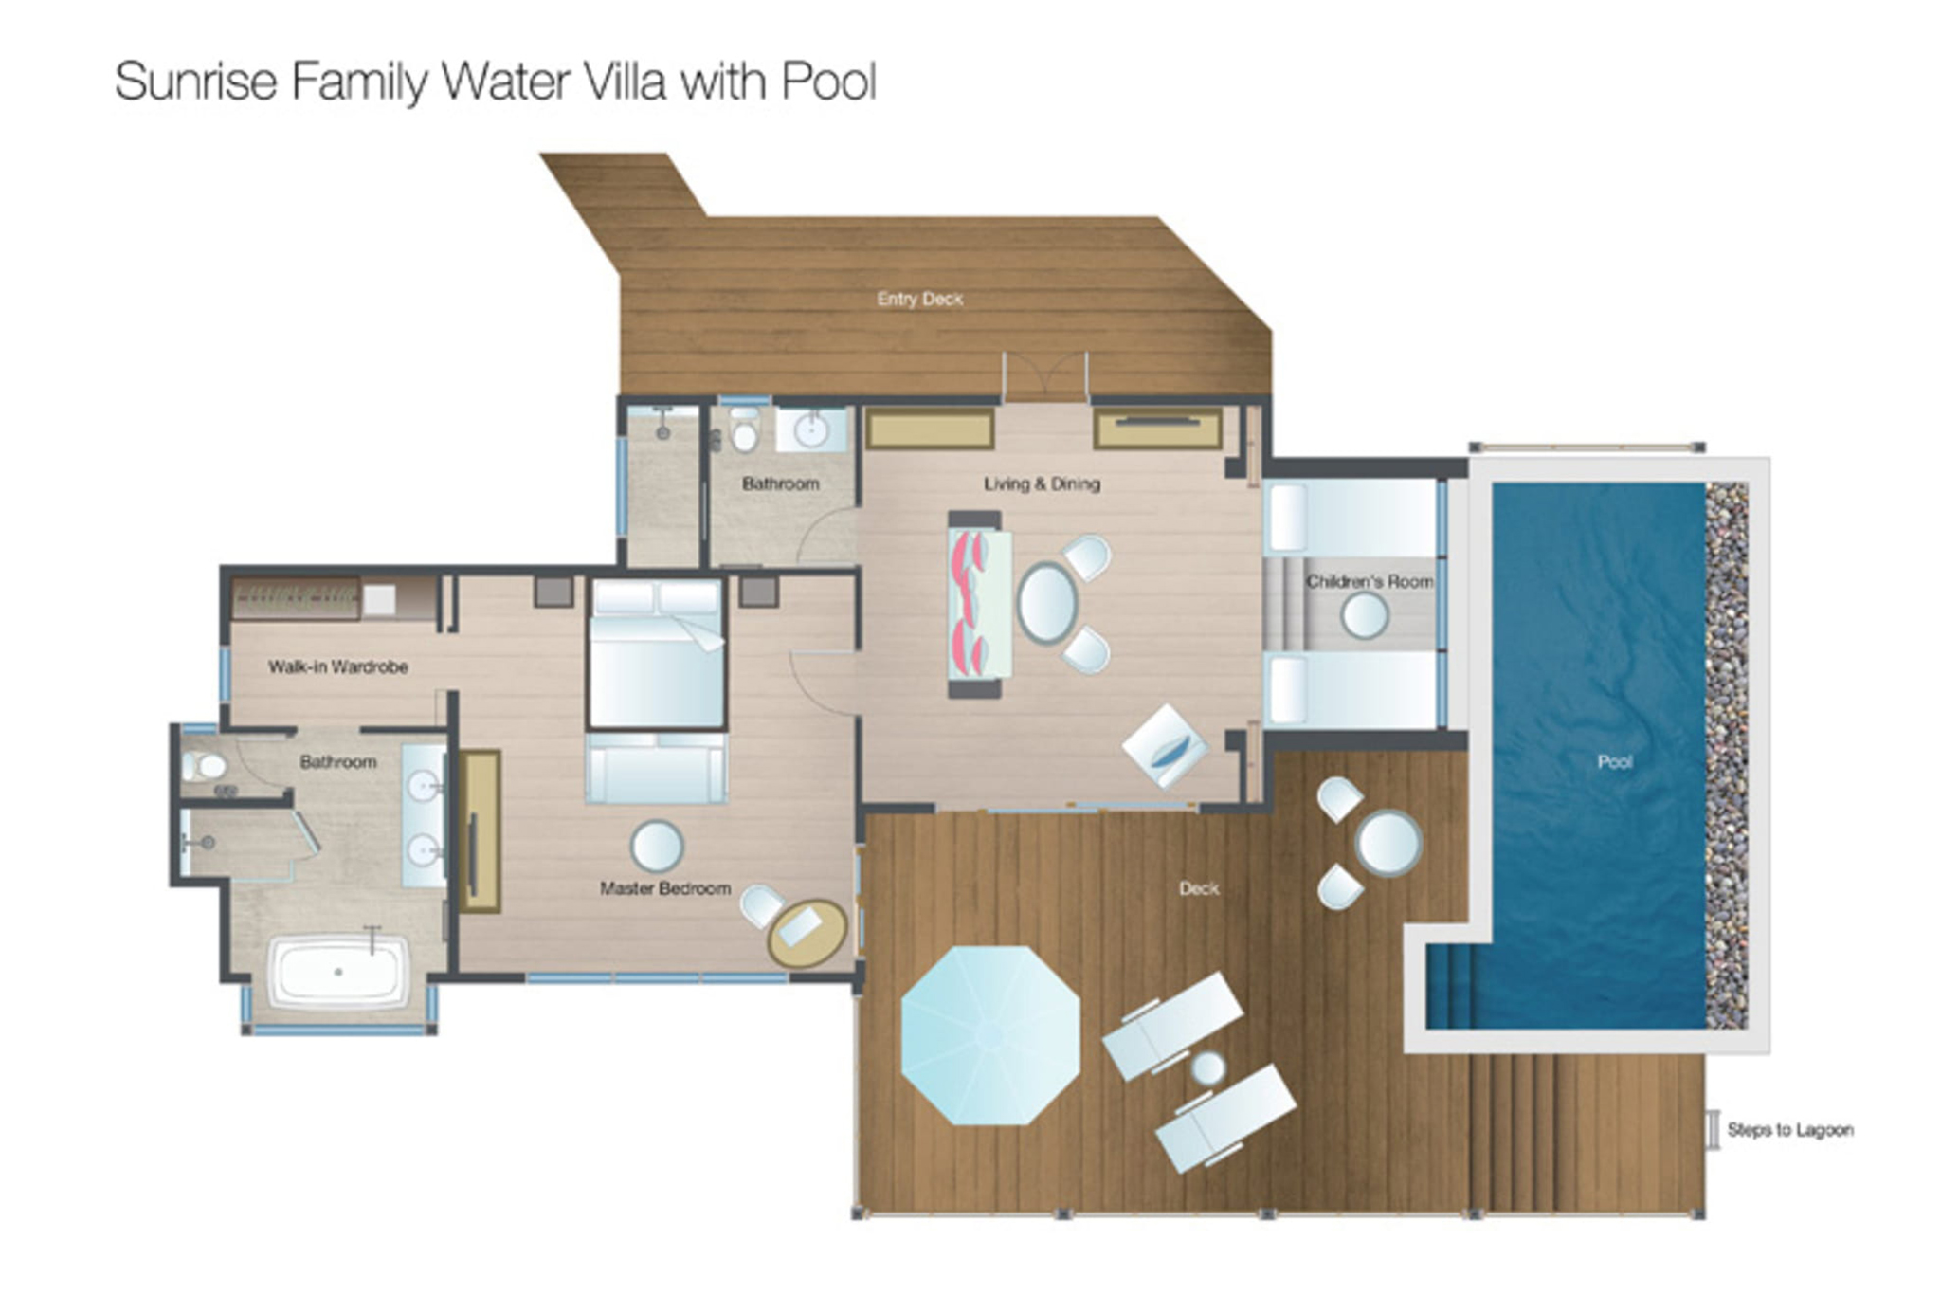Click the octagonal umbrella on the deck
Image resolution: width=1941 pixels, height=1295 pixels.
[989, 1035]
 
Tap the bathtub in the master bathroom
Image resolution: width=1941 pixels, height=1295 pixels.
[338, 972]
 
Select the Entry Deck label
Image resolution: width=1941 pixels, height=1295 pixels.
[919, 299]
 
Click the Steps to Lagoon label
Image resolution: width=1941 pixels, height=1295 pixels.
[1789, 1130]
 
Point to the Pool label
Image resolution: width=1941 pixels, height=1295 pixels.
[1614, 761]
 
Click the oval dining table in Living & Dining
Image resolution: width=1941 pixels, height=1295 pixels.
[1047, 603]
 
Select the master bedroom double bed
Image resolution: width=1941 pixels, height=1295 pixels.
[656, 654]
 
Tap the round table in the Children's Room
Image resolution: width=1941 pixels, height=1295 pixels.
[1364, 616]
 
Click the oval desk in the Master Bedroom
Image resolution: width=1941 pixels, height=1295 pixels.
[807, 932]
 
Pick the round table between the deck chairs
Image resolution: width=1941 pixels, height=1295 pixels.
[1388, 842]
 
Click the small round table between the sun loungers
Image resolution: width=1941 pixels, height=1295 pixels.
[1208, 1068]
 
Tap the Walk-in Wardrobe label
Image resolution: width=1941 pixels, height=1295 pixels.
[337, 666]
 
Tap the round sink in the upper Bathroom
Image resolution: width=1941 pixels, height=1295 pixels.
[812, 430]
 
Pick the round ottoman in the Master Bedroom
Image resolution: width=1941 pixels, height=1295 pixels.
[656, 846]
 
